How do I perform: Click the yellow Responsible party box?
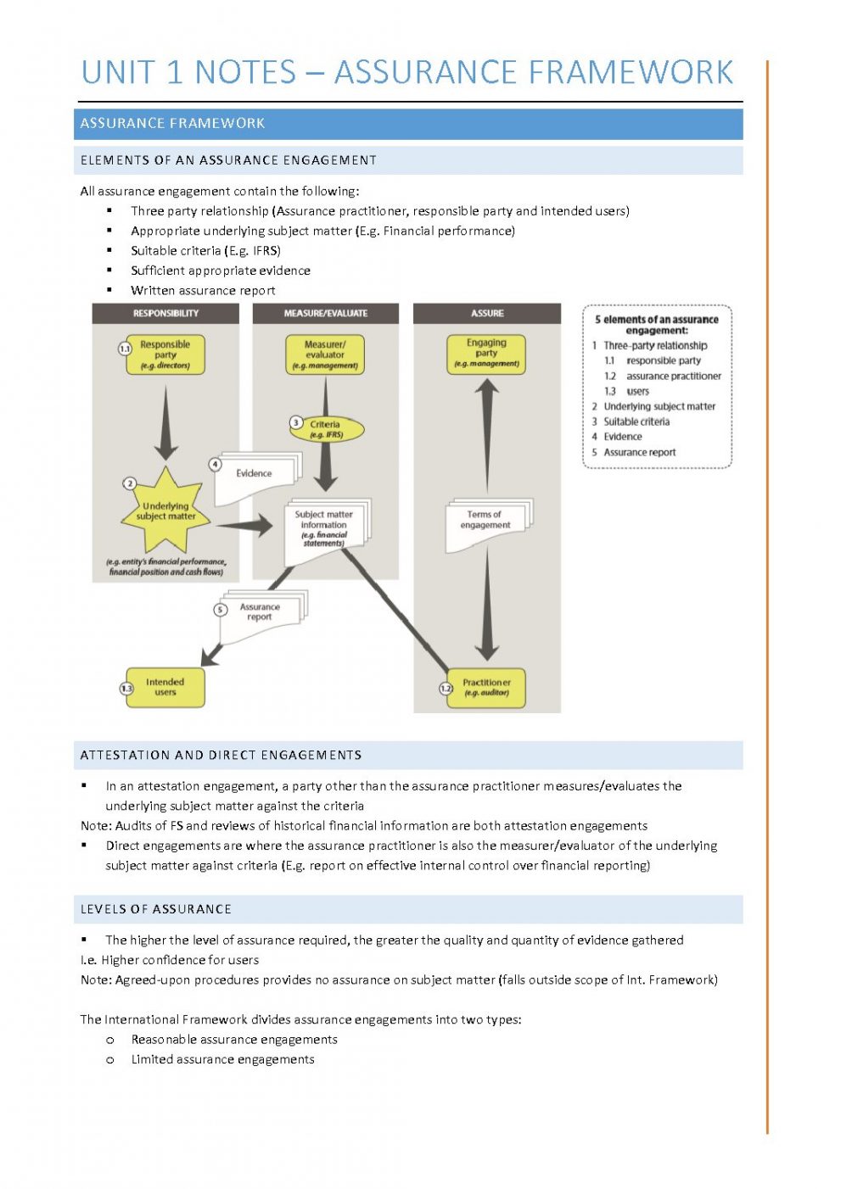point(165,354)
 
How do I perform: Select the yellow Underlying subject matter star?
point(165,511)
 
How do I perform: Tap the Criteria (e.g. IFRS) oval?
point(327,429)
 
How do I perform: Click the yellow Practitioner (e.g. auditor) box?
point(487,687)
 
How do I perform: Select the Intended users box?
point(165,687)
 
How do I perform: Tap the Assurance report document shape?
point(260,615)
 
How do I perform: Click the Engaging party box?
point(486,353)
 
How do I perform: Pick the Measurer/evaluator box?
point(325,354)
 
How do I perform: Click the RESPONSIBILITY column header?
point(165,313)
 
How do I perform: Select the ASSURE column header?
point(487,313)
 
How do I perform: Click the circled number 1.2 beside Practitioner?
point(446,688)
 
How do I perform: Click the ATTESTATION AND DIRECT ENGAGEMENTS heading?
point(221,755)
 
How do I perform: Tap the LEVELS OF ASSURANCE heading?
point(156,909)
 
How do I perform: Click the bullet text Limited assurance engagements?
point(222,1059)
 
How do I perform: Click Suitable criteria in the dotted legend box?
point(636,421)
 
